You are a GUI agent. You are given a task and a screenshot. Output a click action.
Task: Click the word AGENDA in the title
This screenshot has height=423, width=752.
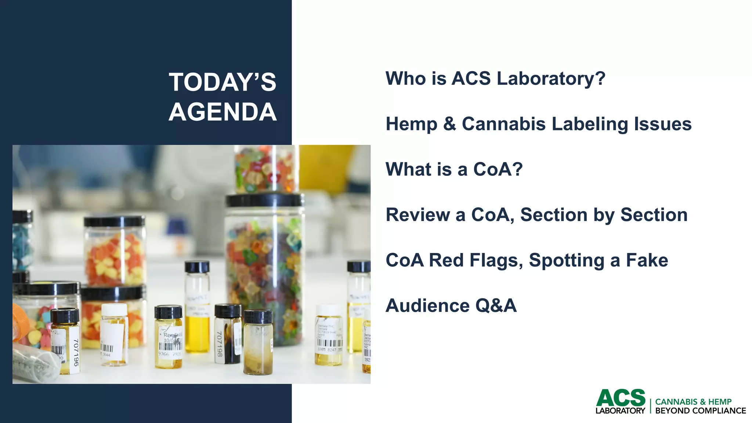tap(223, 112)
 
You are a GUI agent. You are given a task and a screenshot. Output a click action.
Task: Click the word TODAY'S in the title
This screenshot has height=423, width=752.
tap(223, 82)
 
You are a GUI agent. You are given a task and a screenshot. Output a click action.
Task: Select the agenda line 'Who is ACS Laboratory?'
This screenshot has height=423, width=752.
tap(495, 79)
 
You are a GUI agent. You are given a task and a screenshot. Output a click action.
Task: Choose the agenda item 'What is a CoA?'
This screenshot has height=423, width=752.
tap(454, 169)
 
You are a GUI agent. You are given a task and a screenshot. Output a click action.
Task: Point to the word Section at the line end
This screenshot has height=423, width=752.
tap(654, 215)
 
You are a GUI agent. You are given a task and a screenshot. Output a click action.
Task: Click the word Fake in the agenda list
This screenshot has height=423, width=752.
tap(647, 260)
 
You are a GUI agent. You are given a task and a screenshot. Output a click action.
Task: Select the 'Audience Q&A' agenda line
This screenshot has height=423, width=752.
tap(451, 305)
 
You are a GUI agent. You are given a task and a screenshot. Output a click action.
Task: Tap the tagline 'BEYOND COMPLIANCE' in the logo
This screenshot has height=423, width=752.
tap(700, 411)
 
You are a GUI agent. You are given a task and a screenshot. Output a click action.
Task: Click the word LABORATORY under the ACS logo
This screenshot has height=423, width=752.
tap(620, 411)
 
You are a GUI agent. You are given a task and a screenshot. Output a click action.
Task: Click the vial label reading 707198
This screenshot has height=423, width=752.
tap(219, 344)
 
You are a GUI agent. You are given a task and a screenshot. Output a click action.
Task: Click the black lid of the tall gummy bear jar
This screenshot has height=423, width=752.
tap(264, 200)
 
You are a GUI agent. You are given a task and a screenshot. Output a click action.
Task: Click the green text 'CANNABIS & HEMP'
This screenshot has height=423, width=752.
tap(693, 402)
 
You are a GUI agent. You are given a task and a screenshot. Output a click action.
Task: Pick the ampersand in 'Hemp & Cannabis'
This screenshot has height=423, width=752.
tap(449, 124)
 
